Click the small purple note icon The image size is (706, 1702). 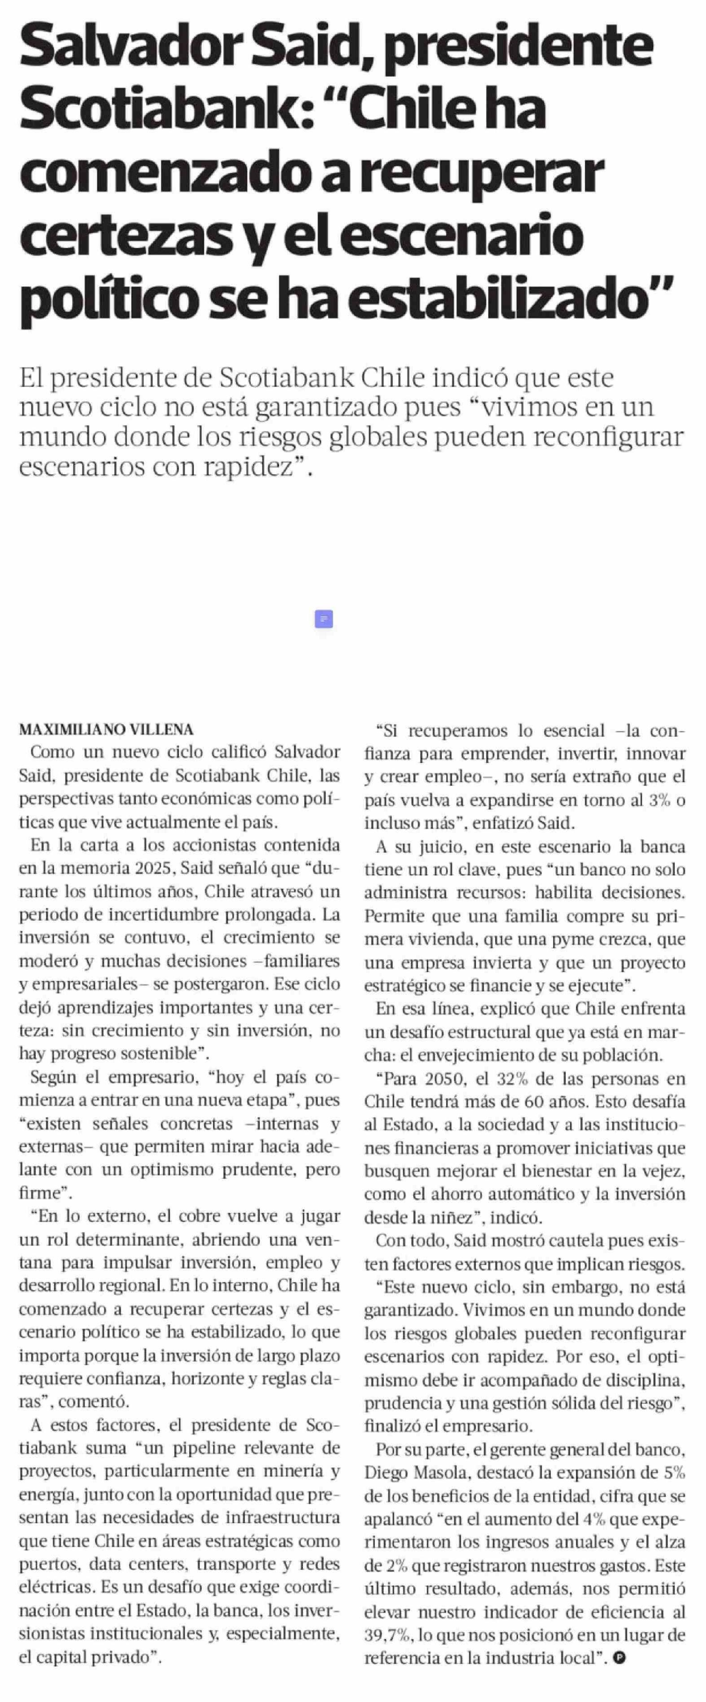point(323,619)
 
